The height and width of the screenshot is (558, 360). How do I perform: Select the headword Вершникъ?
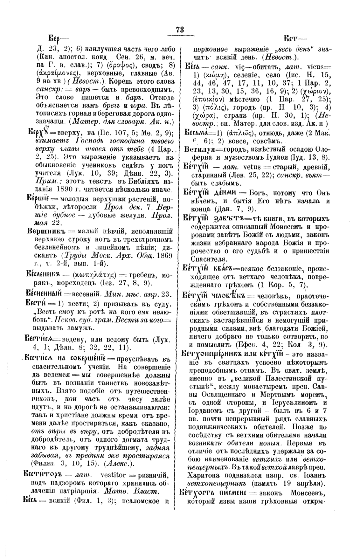click(43, 231)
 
